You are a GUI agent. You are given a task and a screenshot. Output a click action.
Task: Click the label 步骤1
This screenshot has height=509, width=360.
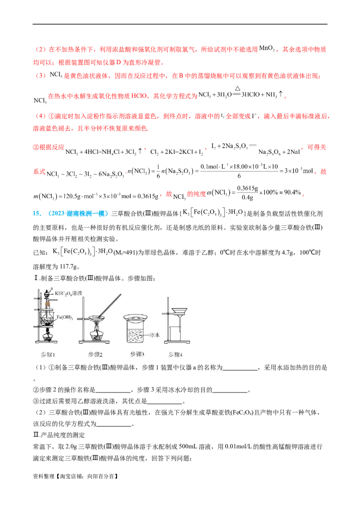[48, 355]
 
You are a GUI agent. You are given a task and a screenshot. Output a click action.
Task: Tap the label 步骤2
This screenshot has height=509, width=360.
[95, 355]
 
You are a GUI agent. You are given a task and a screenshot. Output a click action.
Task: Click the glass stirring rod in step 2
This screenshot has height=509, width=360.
[110, 304]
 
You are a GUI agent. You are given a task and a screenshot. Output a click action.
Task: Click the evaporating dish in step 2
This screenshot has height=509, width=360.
[96, 318]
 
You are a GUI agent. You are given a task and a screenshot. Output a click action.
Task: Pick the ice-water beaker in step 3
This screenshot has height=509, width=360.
[138, 335]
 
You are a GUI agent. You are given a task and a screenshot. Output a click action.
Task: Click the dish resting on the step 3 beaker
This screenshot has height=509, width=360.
[137, 318]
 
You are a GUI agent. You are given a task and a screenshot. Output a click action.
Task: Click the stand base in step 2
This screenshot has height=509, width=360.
[95, 347]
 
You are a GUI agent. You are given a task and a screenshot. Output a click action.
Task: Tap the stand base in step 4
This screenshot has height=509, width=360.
[176, 347]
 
